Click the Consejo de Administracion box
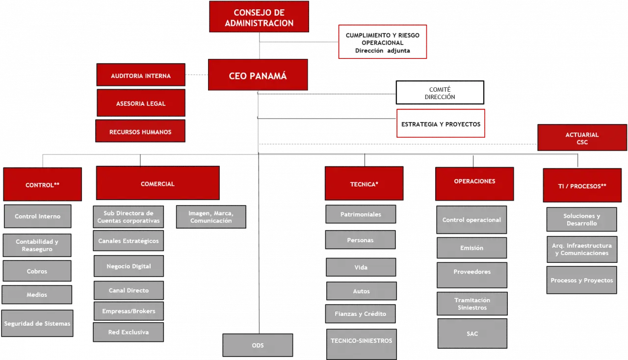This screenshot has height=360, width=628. click(x=259, y=17)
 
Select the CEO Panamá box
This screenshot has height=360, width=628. click(x=258, y=76)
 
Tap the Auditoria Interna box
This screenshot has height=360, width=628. click(x=141, y=76)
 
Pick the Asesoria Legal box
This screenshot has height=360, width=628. click(x=141, y=103)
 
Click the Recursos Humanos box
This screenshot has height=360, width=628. click(x=140, y=131)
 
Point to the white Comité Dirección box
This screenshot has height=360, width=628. click(x=440, y=93)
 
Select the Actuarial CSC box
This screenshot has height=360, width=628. click(x=582, y=138)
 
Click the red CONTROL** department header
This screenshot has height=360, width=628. click(x=43, y=184)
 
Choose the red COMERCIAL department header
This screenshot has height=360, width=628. click(x=157, y=183)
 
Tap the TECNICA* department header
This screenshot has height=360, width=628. click(x=364, y=183)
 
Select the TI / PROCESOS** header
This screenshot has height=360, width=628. click(x=582, y=185)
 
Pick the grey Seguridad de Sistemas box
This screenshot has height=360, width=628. click(x=37, y=323)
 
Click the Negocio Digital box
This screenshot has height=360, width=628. click(x=129, y=266)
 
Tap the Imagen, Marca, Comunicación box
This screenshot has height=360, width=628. click(x=211, y=217)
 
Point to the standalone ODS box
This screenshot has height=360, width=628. click(x=258, y=345)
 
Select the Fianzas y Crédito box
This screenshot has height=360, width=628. click(x=361, y=313)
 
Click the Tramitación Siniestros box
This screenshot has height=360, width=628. click(x=472, y=304)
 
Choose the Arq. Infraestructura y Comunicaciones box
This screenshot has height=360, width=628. click(x=581, y=249)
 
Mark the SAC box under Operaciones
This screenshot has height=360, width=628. click(x=472, y=334)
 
